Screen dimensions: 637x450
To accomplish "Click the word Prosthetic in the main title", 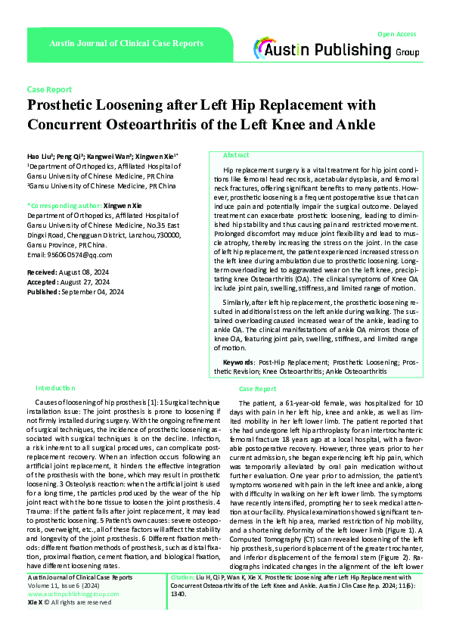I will [65, 105].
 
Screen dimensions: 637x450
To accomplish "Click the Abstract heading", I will [237, 154].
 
